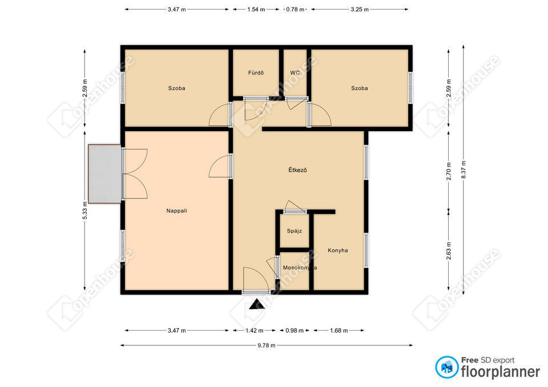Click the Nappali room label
tap(176, 211)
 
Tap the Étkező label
tap(297, 170)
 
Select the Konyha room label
tap(337, 250)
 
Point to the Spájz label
tap(295, 231)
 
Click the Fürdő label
tap(256, 72)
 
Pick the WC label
tap(295, 72)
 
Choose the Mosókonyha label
tap(300, 268)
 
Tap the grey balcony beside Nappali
tap(104, 174)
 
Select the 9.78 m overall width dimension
tap(267, 345)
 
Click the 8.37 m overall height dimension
tap(464, 170)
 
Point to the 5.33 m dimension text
tap(84, 210)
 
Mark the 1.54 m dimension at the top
tap(256, 10)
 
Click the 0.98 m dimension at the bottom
tap(295, 331)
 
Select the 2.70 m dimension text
tap(449, 171)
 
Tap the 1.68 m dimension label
tap(339, 331)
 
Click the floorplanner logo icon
tap(446, 367)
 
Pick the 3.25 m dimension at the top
tap(360, 10)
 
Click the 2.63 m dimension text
tap(449, 251)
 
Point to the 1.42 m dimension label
tap(255, 331)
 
